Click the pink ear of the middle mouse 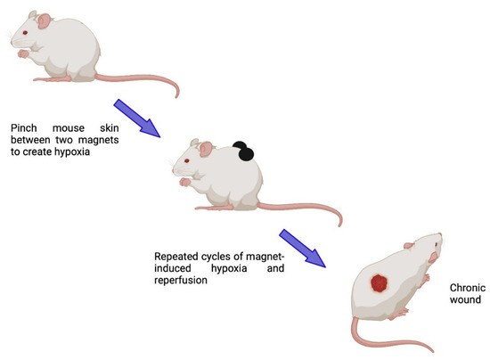pyautogui.click(x=207, y=148)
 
